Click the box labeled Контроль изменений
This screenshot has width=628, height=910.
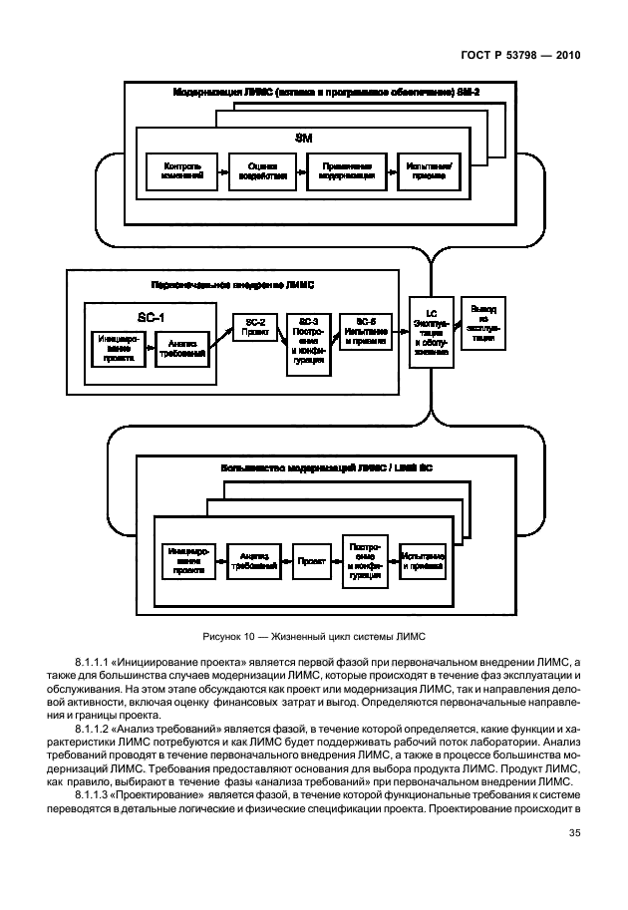(x=183, y=170)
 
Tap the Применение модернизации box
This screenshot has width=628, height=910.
(x=346, y=170)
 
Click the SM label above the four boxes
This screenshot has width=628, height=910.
(x=306, y=136)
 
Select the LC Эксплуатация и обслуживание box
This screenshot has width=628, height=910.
(x=430, y=330)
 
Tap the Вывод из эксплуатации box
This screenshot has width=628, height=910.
(x=483, y=322)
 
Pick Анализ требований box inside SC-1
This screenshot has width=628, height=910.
(x=180, y=346)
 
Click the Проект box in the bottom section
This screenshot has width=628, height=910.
(x=304, y=562)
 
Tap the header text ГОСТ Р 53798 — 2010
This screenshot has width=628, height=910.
(x=523, y=56)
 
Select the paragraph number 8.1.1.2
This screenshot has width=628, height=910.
(x=97, y=731)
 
